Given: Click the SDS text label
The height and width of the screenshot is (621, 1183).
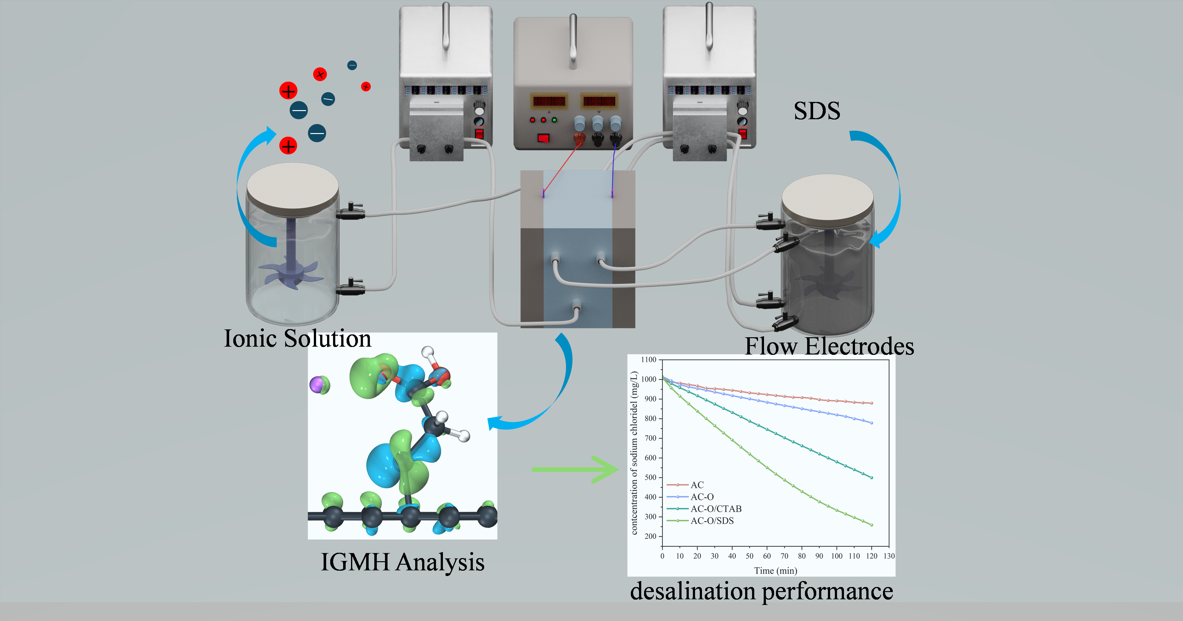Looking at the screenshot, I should click(x=817, y=111).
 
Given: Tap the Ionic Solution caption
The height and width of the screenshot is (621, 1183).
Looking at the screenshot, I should click(x=297, y=339).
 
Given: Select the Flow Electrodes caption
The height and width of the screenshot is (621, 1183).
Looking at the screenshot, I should click(x=829, y=346).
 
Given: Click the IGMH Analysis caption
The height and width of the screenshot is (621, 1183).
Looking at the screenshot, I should click(x=402, y=562).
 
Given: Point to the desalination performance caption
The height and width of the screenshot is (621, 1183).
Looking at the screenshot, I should click(x=761, y=591).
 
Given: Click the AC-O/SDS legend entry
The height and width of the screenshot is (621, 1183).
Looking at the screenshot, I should click(x=712, y=520).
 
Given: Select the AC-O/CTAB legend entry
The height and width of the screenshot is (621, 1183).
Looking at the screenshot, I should click(x=716, y=509).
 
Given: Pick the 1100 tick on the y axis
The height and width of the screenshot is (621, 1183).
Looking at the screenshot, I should click(x=648, y=360).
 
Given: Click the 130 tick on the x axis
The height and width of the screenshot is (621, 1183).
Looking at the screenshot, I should click(x=889, y=556).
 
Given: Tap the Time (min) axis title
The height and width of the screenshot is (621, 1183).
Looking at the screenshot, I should click(x=775, y=571).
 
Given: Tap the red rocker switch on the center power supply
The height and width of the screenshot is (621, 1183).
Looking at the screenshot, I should click(x=543, y=138).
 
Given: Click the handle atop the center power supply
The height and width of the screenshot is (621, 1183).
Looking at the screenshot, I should click(x=573, y=41).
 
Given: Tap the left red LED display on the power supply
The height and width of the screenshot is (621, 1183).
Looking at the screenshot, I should click(x=549, y=101).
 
